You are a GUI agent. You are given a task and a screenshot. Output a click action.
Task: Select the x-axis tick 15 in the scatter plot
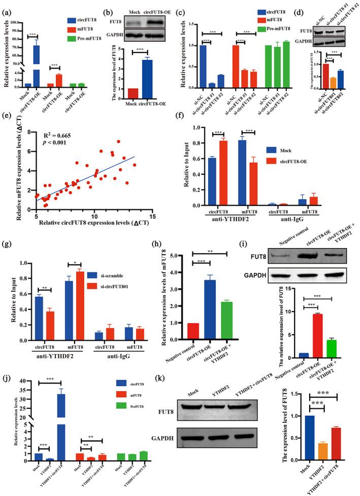tap(152, 216)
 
